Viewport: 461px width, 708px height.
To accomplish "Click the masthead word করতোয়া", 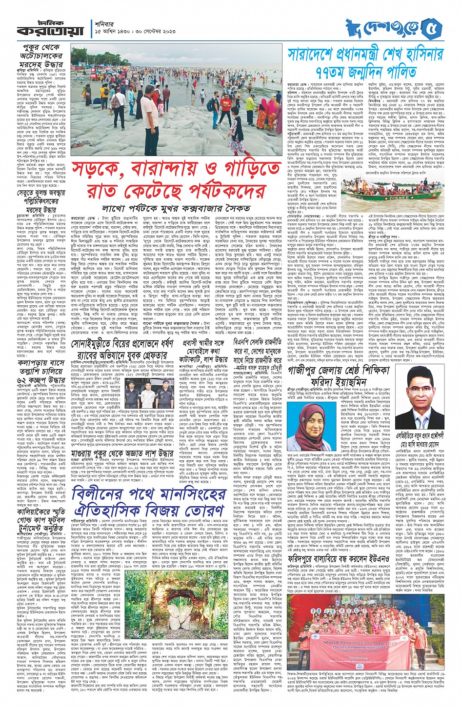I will coord(43,30).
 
